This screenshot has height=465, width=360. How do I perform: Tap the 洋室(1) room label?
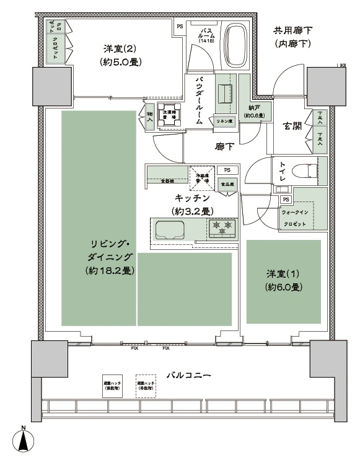pos(283,280)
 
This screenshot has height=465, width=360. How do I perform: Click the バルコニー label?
pos(189,376)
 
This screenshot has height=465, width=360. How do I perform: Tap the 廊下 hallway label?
pos(224,147)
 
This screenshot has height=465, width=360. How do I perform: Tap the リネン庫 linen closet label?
pos(224,121)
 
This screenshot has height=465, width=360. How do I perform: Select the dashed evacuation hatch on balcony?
pos(146,385)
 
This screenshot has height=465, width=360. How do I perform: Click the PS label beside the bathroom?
pos(180,26)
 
